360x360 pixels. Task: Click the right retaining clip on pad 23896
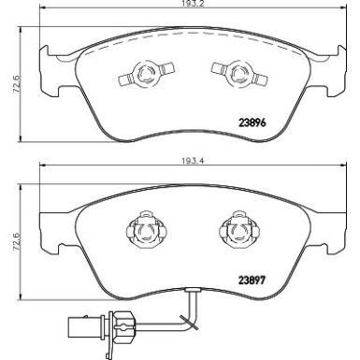click(230, 71)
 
